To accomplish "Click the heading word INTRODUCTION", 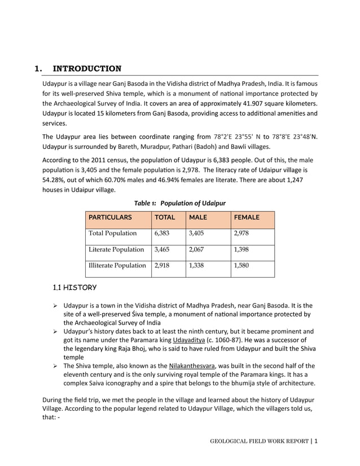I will click(x=87, y=69).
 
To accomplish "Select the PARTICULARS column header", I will click(x=109, y=217).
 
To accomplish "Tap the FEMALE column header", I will click(x=247, y=217).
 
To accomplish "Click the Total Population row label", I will click(x=112, y=233).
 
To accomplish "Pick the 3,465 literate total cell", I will click(x=161, y=249).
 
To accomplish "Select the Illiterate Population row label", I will click(x=117, y=265).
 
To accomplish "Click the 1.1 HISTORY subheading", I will click(x=74, y=288).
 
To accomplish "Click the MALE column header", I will click(x=198, y=217).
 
